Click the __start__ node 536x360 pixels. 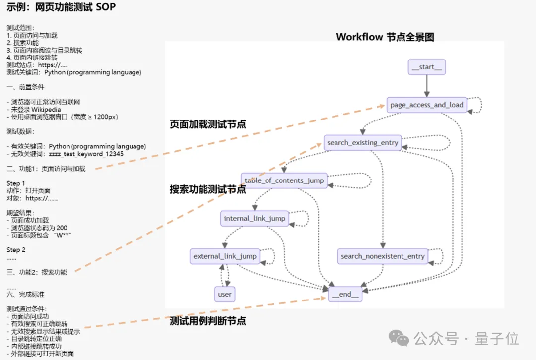[x=426, y=67]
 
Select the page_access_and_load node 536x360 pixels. [x=426, y=105]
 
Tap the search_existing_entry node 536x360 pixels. [x=362, y=143]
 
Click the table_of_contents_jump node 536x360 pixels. [x=284, y=180]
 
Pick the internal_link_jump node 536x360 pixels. [x=255, y=218]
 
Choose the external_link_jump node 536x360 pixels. [x=225, y=256]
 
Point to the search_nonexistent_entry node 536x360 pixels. [x=383, y=256]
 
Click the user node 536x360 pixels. [x=225, y=294]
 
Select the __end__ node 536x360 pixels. [x=345, y=294]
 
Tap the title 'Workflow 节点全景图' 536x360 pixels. [x=385, y=37]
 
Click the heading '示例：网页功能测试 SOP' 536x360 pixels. [x=62, y=8]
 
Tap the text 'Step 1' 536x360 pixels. [x=16, y=183]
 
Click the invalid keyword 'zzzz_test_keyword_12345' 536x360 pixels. [x=86, y=154]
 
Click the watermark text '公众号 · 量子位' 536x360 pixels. [x=467, y=339]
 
